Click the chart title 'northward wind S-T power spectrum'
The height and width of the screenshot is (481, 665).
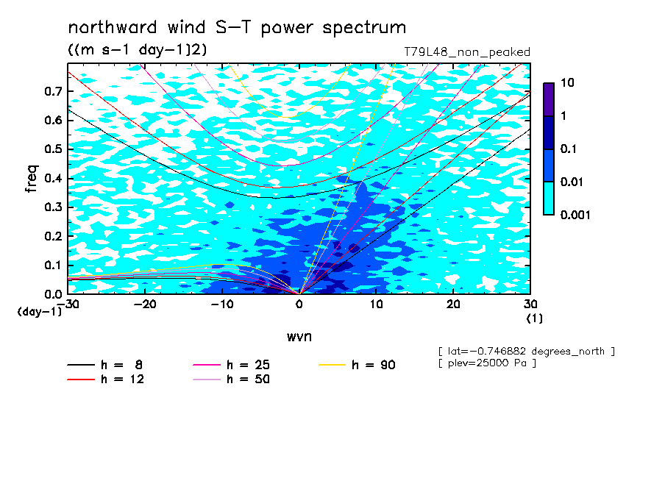click(x=237, y=28)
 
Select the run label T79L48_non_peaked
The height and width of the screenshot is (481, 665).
click(x=467, y=52)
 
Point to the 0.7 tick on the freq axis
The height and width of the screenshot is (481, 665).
click(x=54, y=91)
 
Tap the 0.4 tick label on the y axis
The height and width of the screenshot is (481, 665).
click(x=54, y=178)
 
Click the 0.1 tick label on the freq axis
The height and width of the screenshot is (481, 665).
click(x=54, y=265)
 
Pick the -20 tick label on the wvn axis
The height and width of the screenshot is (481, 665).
click(x=145, y=304)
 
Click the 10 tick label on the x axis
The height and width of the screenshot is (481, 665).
click(x=376, y=304)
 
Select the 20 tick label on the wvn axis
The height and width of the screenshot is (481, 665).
click(x=453, y=304)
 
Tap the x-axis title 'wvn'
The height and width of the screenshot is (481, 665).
click(x=299, y=337)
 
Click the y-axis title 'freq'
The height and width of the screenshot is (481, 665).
click(x=32, y=179)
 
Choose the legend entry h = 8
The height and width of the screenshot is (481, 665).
click(x=104, y=365)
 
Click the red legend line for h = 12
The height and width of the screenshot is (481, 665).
click(x=81, y=380)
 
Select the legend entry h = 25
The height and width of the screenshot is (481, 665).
click(x=231, y=365)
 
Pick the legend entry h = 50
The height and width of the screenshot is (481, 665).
click(x=231, y=380)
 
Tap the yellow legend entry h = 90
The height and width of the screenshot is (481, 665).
click(x=357, y=365)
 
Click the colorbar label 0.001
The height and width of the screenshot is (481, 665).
click(x=575, y=215)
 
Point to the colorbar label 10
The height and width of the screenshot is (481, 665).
click(x=567, y=82)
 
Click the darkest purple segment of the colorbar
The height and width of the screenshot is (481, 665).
click(x=549, y=100)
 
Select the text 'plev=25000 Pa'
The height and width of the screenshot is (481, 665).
click(x=487, y=363)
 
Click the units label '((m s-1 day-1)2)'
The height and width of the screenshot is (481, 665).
click(x=138, y=50)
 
